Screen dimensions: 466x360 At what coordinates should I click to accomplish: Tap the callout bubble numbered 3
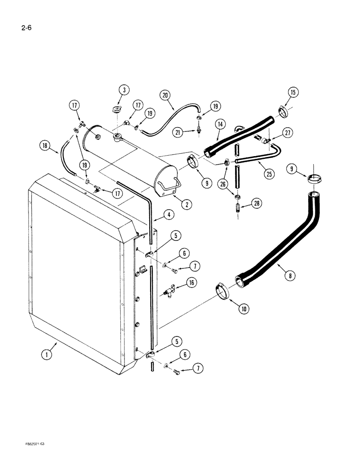[122, 90]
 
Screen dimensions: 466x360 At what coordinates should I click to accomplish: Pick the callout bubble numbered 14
[220, 124]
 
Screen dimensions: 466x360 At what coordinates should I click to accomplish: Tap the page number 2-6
[23, 33]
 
